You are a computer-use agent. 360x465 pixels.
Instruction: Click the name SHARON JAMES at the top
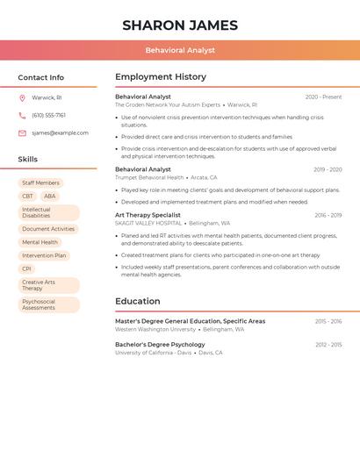[180, 25]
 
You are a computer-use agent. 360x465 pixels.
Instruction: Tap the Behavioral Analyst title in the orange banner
[180, 51]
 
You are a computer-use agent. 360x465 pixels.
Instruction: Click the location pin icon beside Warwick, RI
[22, 97]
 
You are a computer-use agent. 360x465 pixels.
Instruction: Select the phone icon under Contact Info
[22, 115]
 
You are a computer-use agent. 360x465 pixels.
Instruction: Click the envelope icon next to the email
[22, 133]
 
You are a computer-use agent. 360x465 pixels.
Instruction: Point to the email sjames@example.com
[60, 133]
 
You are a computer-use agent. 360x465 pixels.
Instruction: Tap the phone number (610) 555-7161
[49, 115]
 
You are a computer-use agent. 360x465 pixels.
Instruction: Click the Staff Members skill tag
[40, 183]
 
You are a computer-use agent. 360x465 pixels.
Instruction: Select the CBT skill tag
[27, 197]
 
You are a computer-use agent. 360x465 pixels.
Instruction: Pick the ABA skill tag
[49, 197]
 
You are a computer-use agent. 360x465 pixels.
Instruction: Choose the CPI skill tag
[26, 269]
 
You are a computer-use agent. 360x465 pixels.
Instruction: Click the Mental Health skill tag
[40, 242]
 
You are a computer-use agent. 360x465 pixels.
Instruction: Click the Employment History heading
[161, 77]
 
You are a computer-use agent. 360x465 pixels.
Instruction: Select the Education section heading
[138, 302]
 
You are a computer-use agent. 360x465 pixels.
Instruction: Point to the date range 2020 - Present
[323, 97]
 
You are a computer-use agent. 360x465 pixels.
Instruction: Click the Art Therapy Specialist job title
[148, 215]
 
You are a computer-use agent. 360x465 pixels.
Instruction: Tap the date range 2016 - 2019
[328, 215]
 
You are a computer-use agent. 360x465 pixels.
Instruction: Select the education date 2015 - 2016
[328, 321]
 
